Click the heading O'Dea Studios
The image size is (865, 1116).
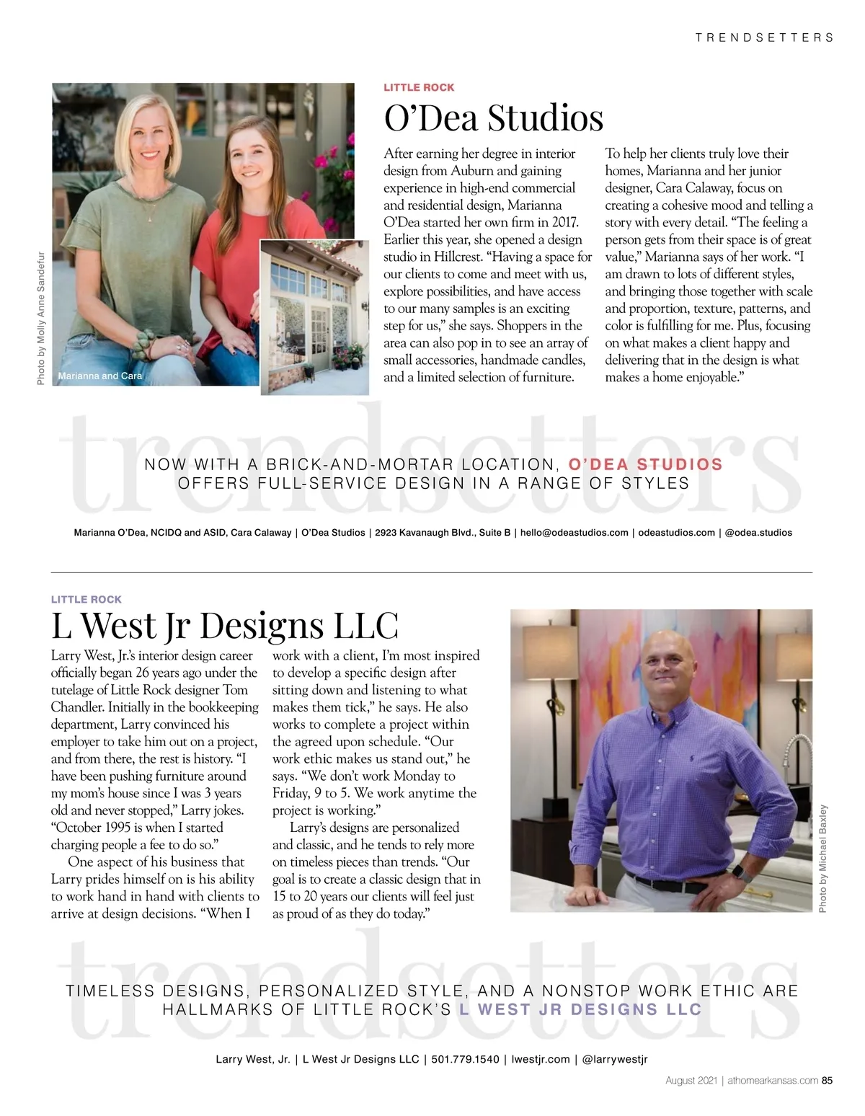click(494, 118)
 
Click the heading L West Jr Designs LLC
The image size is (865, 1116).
click(224, 625)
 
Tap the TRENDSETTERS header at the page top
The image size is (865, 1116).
click(764, 37)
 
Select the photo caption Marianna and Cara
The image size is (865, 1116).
click(100, 376)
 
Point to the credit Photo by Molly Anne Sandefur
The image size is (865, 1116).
click(41, 317)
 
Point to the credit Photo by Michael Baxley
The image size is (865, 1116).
click(823, 858)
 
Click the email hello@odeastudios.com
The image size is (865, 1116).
click(574, 533)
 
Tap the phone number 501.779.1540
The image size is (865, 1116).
click(465, 1059)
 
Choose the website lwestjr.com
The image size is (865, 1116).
click(541, 1059)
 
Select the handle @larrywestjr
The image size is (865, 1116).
click(615, 1059)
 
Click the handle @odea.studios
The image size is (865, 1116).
click(758, 533)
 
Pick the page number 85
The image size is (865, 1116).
click(828, 1080)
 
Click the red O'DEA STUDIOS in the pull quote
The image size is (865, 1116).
click(645, 464)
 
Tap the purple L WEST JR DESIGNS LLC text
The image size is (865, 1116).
click(580, 1009)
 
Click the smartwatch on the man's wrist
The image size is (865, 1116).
click(737, 872)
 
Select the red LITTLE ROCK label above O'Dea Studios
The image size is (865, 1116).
click(419, 87)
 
